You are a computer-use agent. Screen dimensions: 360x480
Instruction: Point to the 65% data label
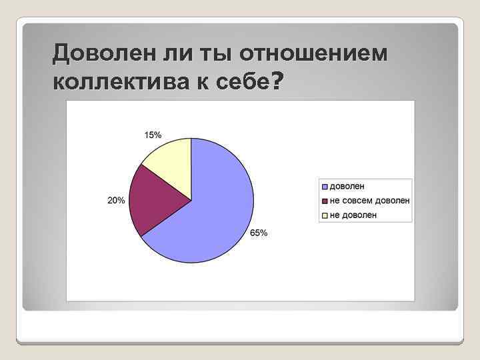pyautogui.click(x=259, y=233)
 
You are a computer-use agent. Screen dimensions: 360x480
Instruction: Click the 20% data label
pyautogui.click(x=116, y=201)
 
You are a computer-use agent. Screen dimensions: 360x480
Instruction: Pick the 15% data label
pyautogui.click(x=153, y=135)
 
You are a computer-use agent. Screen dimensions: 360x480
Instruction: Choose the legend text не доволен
pyautogui.click(x=353, y=215)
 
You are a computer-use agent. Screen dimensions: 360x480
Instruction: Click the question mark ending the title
pyautogui.click(x=277, y=81)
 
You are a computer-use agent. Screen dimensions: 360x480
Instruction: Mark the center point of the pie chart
pyautogui.click(x=191, y=200)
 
